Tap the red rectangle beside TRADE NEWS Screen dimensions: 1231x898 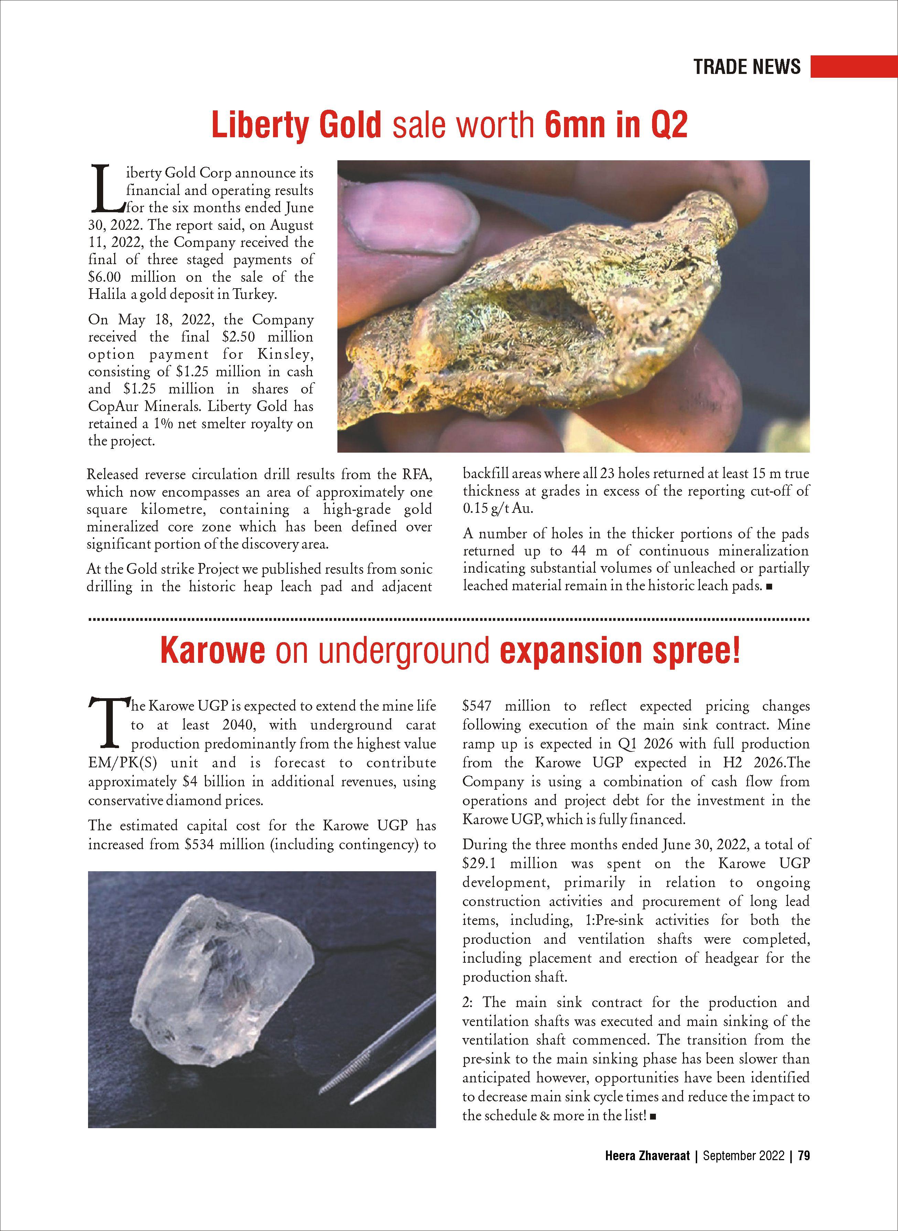coord(853,66)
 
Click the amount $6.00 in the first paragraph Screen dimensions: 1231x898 coord(106,277)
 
